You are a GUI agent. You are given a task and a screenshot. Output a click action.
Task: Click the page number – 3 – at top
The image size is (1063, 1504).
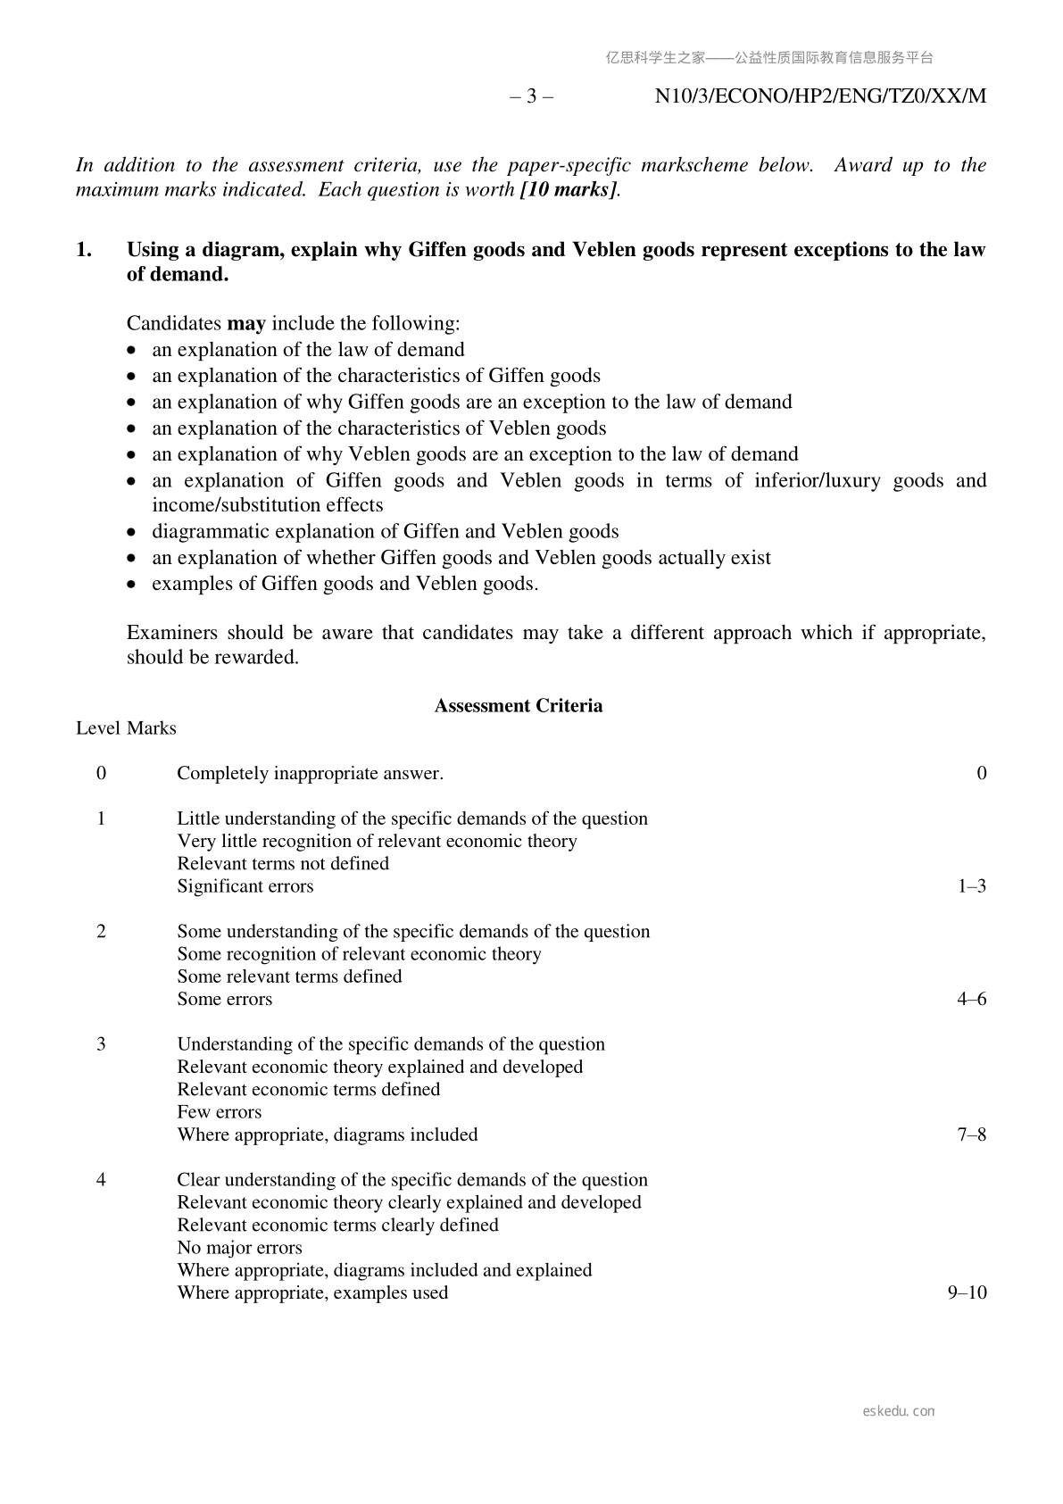point(531,96)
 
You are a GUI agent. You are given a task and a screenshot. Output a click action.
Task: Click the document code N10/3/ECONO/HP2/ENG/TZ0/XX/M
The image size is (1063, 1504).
point(820,96)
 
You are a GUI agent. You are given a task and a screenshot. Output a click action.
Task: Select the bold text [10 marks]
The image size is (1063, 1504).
point(569,189)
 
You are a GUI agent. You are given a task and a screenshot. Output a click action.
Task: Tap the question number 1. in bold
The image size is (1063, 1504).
point(84,250)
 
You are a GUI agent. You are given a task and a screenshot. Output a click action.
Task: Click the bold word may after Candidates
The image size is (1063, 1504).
point(246,323)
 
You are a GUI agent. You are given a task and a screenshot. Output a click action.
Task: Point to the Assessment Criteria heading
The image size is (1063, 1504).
point(518,706)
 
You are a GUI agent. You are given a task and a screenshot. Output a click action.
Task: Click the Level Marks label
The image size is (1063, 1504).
point(126,728)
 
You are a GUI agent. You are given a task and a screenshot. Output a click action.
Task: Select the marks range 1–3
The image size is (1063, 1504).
point(971,886)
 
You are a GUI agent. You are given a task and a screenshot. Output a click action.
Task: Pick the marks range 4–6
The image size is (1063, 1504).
point(971,1000)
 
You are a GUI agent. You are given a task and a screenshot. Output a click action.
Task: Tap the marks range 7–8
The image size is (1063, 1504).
point(971,1135)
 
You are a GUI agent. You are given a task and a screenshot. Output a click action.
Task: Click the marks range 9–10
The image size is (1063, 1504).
point(967,1293)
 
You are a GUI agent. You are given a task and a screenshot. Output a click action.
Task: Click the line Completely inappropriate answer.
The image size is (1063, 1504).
point(310,774)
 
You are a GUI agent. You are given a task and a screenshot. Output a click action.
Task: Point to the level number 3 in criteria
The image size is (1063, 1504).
point(101,1044)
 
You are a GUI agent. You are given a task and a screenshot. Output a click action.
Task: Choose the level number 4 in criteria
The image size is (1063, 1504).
point(101,1180)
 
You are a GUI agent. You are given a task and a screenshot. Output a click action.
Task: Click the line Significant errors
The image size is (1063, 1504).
point(245,886)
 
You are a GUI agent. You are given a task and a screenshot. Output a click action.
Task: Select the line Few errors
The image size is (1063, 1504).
point(220,1112)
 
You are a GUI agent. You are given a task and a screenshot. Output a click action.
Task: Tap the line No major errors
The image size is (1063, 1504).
point(239,1248)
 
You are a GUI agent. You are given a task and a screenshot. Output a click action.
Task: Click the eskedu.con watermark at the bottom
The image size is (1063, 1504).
point(899,1411)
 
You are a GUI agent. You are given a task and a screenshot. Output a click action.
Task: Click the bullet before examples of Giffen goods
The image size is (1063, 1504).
point(133,585)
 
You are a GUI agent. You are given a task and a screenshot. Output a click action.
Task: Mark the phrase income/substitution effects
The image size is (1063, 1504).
point(267,505)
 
